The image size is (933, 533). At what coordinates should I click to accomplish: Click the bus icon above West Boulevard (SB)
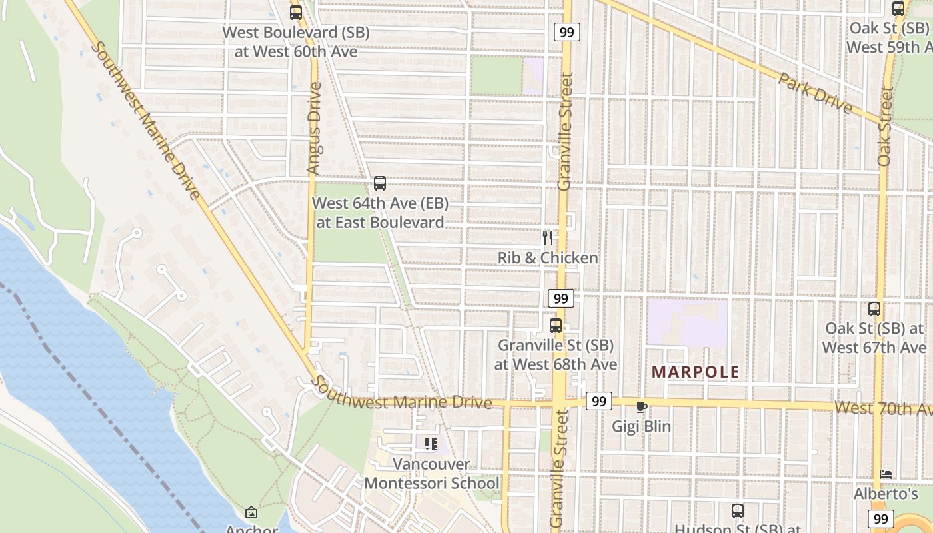pyautogui.click(x=295, y=12)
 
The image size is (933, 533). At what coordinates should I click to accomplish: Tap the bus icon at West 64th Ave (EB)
pyautogui.click(x=380, y=183)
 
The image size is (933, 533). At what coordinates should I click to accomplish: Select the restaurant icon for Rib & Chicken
pyautogui.click(x=548, y=238)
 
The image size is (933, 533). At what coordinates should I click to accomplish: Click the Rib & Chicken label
pyautogui.click(x=548, y=257)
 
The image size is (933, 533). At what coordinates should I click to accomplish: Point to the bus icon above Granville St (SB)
pyautogui.click(x=556, y=326)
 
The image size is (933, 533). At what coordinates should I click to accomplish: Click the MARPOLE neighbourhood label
pyautogui.click(x=695, y=372)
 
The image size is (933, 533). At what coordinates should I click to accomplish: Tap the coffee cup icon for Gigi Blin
pyautogui.click(x=642, y=407)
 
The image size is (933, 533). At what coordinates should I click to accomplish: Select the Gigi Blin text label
pyautogui.click(x=642, y=426)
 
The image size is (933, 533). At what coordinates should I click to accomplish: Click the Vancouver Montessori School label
pyautogui.click(x=431, y=474)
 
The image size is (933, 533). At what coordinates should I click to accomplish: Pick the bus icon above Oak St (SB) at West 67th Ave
pyautogui.click(x=874, y=309)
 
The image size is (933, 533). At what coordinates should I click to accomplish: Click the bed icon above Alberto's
pyautogui.click(x=886, y=474)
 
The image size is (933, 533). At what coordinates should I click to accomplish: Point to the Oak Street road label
pyautogui.click(x=884, y=127)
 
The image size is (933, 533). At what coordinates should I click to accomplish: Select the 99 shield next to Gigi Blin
pyautogui.click(x=599, y=401)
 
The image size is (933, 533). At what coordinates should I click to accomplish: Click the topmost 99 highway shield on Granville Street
pyautogui.click(x=566, y=31)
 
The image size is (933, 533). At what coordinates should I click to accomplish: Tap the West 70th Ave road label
pyautogui.click(x=882, y=408)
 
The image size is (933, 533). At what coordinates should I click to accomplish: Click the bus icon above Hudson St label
pyautogui.click(x=738, y=511)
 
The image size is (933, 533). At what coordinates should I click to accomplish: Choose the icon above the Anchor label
pyautogui.click(x=251, y=512)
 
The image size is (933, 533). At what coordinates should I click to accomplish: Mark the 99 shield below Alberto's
pyautogui.click(x=882, y=518)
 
